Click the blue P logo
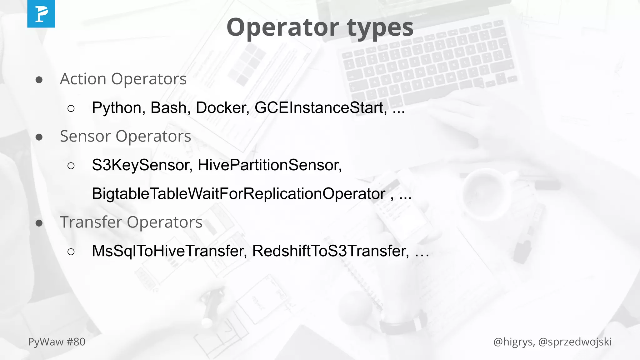[x=41, y=14]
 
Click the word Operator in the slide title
[x=283, y=27]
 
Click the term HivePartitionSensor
[x=269, y=165]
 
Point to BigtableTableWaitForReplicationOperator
[x=238, y=194]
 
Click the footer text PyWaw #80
[x=57, y=342]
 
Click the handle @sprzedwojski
[x=575, y=342]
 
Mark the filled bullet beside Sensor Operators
[x=39, y=137]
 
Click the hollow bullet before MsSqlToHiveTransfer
[x=71, y=252]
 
